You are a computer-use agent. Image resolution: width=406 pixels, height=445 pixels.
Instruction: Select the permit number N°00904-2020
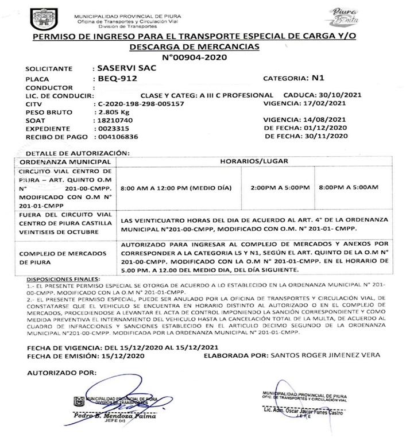[195, 57]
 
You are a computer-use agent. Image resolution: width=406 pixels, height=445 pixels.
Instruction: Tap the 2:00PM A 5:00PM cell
[280, 188]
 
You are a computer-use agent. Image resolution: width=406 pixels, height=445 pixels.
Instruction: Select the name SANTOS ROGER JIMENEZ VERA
[324, 355]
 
